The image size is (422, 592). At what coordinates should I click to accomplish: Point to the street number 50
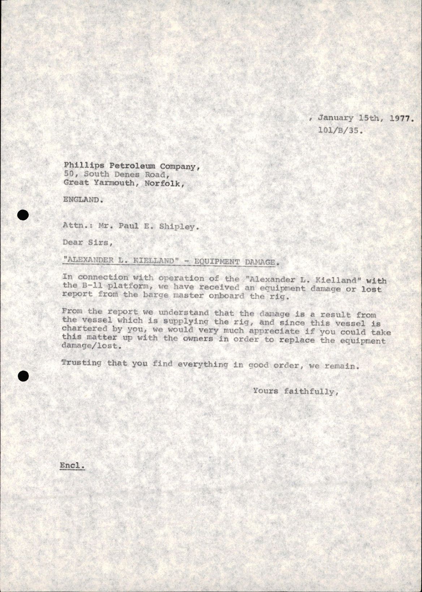(69, 174)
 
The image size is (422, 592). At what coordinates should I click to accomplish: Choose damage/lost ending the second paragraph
(90, 346)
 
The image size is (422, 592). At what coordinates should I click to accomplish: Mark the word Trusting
(81, 363)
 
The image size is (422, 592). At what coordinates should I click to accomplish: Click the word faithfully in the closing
(311, 391)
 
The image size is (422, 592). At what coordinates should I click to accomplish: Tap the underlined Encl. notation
(72, 465)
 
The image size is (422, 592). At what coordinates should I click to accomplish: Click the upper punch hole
(23, 215)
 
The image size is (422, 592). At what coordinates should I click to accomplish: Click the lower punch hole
(23, 376)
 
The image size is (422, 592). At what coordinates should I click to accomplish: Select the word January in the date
(336, 118)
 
